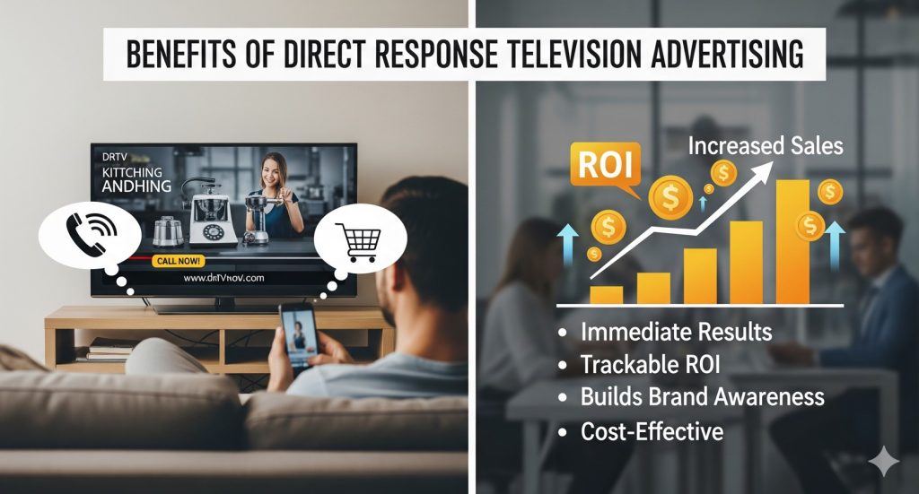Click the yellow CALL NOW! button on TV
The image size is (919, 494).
point(180,261)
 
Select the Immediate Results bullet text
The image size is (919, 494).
point(677,332)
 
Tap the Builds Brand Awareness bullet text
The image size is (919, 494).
point(703,398)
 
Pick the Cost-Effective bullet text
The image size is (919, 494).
point(652,431)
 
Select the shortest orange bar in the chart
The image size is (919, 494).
point(607,295)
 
